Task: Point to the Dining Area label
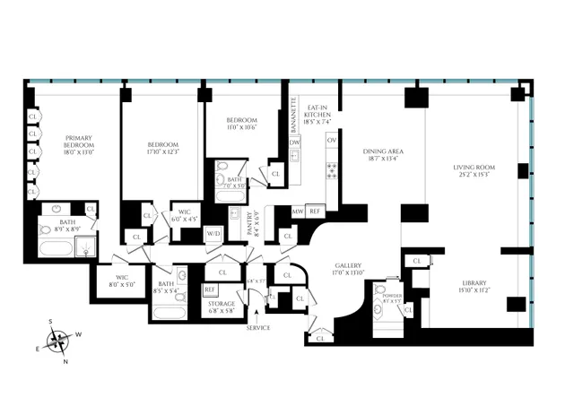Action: point(382,156)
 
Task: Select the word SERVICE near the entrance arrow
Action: point(257,328)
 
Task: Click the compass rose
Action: point(59,341)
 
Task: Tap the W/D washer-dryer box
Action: point(213,234)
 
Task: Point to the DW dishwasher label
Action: point(294,142)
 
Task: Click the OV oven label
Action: point(331,141)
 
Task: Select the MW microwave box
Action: point(298,212)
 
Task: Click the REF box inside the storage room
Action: point(210,289)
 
